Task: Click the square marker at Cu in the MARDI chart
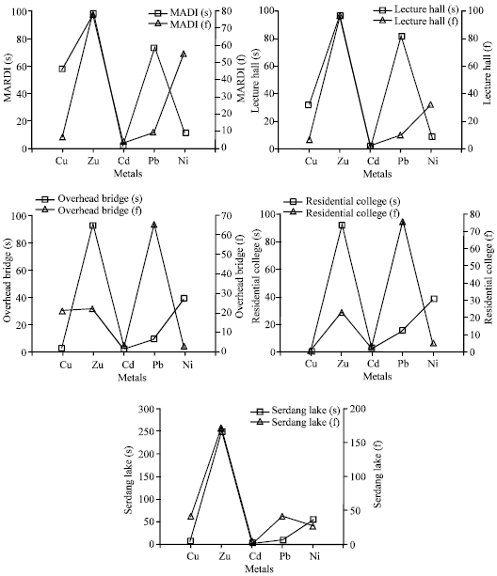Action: (x=62, y=69)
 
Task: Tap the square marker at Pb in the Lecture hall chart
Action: (x=402, y=37)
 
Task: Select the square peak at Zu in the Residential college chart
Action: (x=342, y=226)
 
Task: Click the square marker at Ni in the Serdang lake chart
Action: (x=313, y=520)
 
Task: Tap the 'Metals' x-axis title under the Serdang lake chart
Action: (x=252, y=568)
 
